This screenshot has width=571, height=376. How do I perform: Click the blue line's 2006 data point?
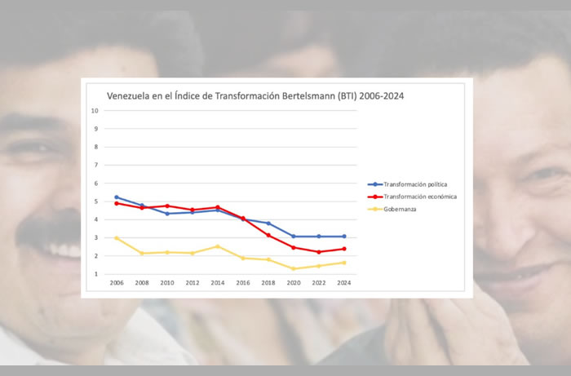tap(117, 197)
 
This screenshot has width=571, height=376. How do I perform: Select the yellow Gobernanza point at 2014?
tap(218, 246)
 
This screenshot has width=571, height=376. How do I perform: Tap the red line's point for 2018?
tap(268, 235)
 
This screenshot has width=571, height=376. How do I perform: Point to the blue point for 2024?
tap(344, 237)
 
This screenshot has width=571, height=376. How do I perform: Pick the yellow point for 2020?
tap(294, 268)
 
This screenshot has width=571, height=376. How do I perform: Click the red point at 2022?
tap(319, 252)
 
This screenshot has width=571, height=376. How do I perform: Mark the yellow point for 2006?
tap(117, 238)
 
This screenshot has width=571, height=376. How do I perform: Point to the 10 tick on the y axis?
tap(95, 111)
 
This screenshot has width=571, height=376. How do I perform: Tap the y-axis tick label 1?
tap(96, 274)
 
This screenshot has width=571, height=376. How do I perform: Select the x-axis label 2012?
tap(193, 284)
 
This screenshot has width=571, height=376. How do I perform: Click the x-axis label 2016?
tap(243, 284)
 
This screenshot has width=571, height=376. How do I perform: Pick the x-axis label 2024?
tap(344, 284)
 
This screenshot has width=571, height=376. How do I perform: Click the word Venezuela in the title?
tap(131, 95)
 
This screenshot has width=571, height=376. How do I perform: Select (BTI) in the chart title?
tap(352, 95)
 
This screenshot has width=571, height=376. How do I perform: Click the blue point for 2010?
tap(167, 214)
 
